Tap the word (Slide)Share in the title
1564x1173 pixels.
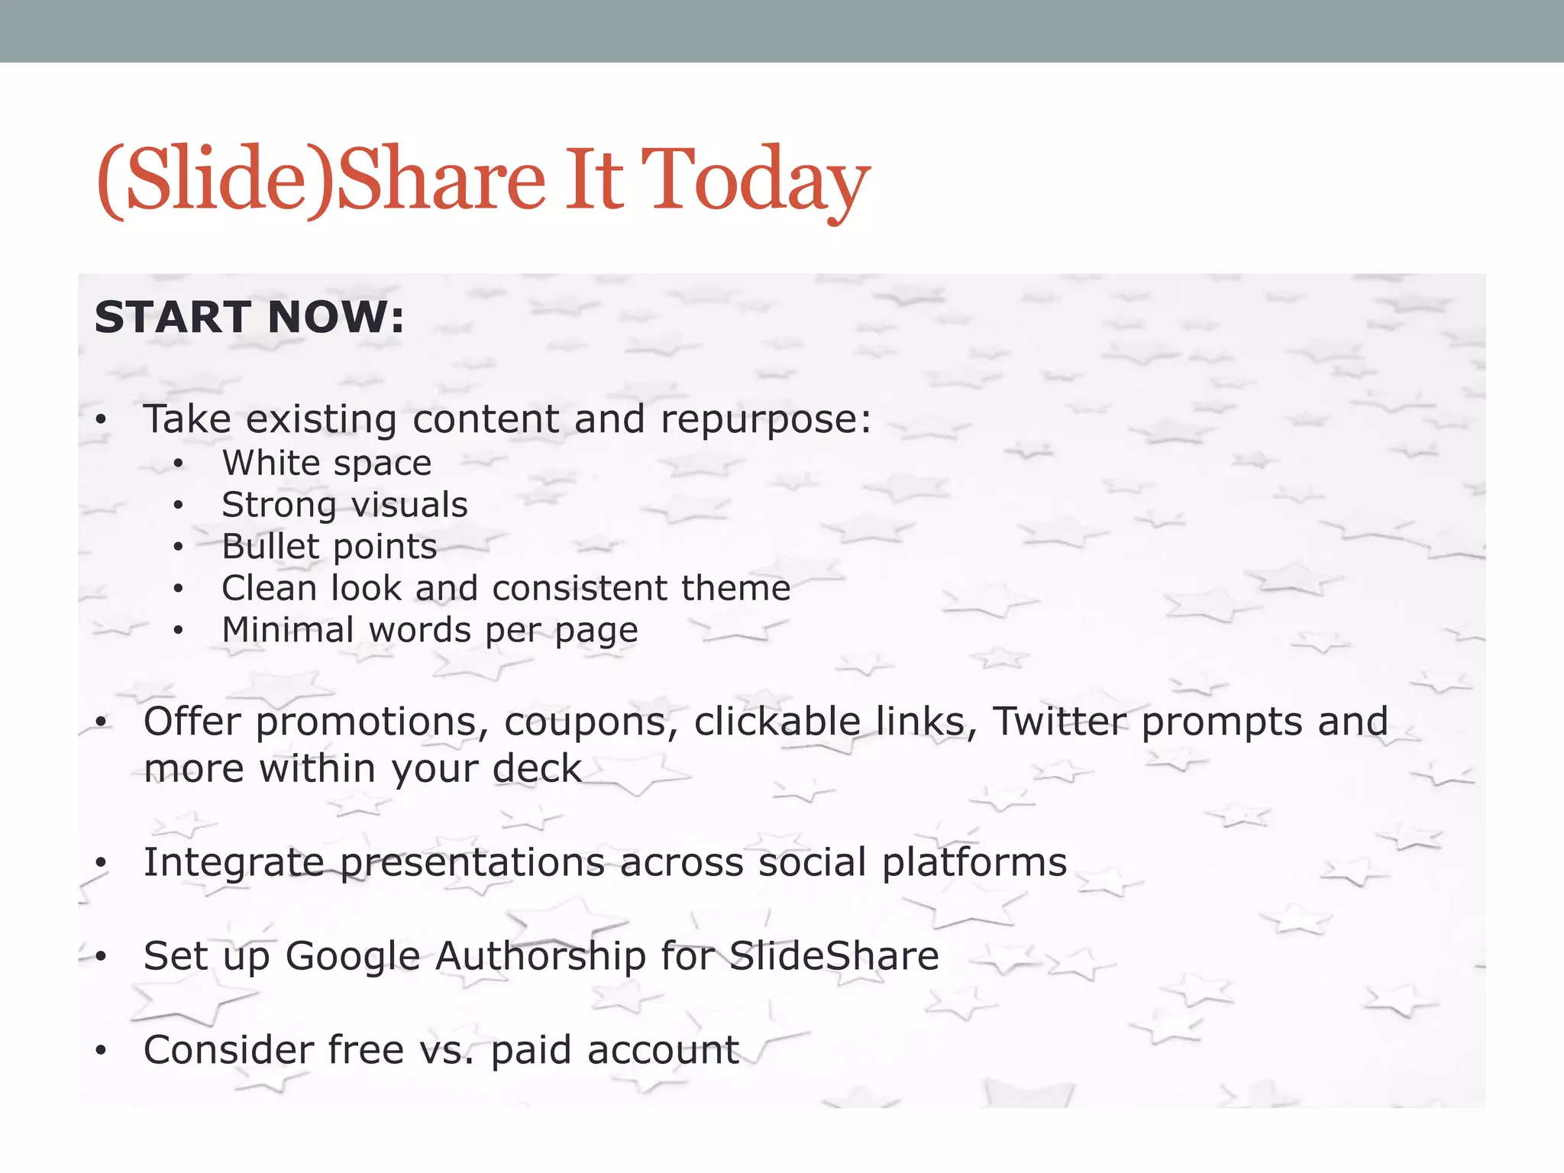(x=321, y=180)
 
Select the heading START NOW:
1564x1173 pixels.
(x=249, y=318)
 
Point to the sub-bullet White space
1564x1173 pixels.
(x=327, y=464)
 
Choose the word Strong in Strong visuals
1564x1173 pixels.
(x=279, y=506)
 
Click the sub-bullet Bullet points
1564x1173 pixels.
(x=329, y=547)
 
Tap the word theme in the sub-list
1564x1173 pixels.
(x=735, y=588)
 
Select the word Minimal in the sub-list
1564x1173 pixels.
(x=288, y=630)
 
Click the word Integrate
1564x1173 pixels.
(x=234, y=863)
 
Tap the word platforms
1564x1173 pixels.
(x=974, y=863)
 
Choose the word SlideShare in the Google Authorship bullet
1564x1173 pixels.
(x=834, y=956)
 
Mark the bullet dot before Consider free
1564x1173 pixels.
(x=101, y=1052)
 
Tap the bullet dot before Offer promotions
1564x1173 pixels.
(x=101, y=722)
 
